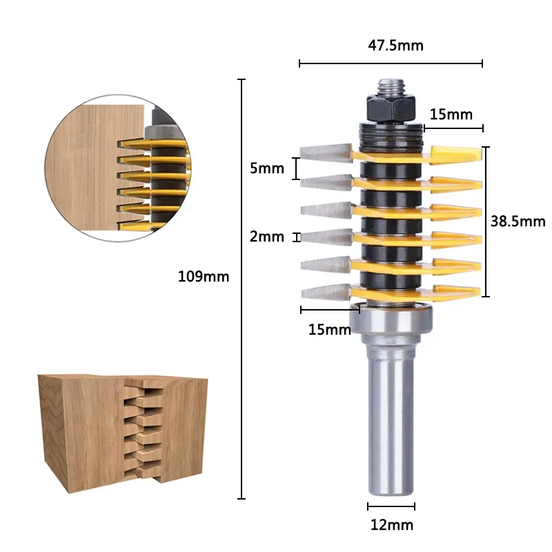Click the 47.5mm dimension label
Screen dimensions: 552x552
(x=395, y=46)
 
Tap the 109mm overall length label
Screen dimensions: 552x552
(x=204, y=277)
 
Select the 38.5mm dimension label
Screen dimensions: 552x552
(x=518, y=221)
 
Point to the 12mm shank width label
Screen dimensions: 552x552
(x=391, y=525)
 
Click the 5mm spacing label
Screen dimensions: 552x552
(x=267, y=168)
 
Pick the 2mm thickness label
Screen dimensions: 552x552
(x=267, y=237)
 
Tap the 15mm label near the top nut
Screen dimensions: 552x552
(x=451, y=115)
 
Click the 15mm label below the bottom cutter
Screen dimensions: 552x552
(x=330, y=330)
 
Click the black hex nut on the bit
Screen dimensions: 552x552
(x=391, y=108)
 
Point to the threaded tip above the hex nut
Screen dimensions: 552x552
(x=391, y=88)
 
